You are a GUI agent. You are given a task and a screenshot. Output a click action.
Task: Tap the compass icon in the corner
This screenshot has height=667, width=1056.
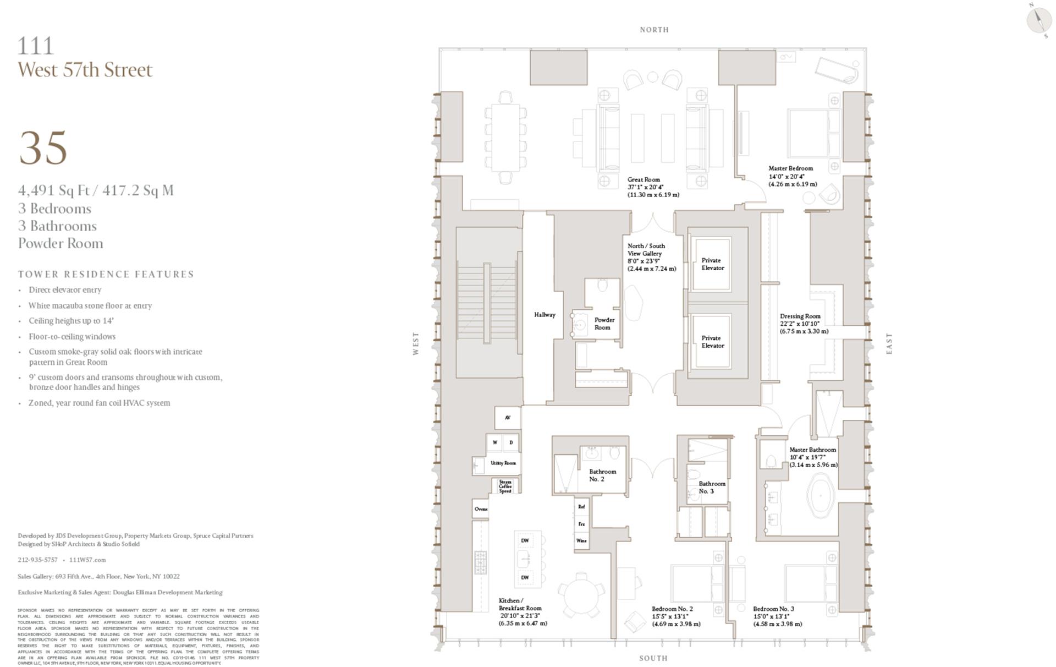click(1039, 20)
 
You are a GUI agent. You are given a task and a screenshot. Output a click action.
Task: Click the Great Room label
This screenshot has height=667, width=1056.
click(643, 179)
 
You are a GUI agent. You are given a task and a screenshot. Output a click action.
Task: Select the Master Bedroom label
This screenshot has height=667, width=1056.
click(790, 168)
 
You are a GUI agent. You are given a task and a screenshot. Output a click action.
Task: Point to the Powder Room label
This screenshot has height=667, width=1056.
click(603, 324)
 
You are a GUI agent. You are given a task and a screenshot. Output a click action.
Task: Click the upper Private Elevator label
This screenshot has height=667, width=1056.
click(712, 264)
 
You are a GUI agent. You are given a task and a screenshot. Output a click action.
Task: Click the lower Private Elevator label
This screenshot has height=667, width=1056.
click(712, 342)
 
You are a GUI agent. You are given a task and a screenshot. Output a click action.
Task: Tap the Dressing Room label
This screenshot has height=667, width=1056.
click(800, 316)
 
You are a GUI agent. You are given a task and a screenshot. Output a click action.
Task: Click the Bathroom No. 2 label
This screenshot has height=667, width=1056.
click(602, 475)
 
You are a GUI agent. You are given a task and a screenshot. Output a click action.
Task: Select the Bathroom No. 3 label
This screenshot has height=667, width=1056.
click(712, 487)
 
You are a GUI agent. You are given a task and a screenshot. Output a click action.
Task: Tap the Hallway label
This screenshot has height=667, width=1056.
click(544, 315)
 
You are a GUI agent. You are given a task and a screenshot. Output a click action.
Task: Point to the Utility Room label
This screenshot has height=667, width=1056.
click(503, 463)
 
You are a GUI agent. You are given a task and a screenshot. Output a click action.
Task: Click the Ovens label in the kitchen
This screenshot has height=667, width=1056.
click(481, 509)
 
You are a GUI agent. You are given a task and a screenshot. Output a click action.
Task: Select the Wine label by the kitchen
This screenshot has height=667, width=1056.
click(581, 540)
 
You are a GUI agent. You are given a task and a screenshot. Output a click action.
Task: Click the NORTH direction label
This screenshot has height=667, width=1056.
click(654, 30)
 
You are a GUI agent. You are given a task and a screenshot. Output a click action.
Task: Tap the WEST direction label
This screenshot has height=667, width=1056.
click(416, 343)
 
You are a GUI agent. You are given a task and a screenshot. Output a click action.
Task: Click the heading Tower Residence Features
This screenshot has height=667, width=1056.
click(106, 274)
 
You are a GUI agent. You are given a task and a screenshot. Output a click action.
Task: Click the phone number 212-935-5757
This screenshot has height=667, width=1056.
click(37, 560)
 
